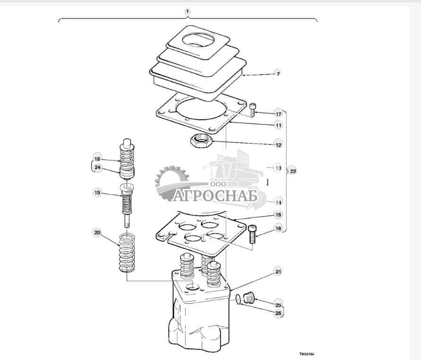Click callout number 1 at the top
coord(188,11)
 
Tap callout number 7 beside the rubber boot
coord(278,74)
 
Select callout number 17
coord(278,114)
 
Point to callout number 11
coord(278,125)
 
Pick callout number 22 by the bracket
coord(293,171)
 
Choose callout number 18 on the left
coord(97,159)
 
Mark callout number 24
coord(97,167)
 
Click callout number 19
coord(97,193)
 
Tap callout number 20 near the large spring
coord(97,233)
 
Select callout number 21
coord(278,272)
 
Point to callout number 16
coord(278,228)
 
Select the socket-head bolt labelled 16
coord(252,234)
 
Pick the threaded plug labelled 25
coord(249,299)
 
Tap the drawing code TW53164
coord(306,353)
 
